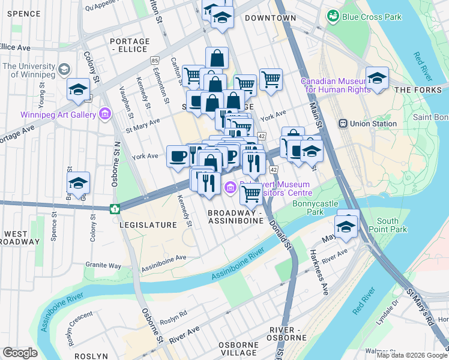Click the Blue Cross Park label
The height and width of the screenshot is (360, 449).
tap(371, 17)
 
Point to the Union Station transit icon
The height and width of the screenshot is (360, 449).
tap(343, 124)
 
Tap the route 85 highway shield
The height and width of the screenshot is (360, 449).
tap(155, 61)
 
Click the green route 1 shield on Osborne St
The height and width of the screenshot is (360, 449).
tap(115, 209)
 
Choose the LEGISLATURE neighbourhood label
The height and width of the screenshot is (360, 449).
tap(148, 225)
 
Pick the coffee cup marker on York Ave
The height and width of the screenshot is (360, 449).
tap(177, 157)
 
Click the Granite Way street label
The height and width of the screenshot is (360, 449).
tap(103, 265)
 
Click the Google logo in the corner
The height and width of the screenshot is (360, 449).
tap(20, 353)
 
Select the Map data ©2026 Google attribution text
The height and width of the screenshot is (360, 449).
tap(411, 355)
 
